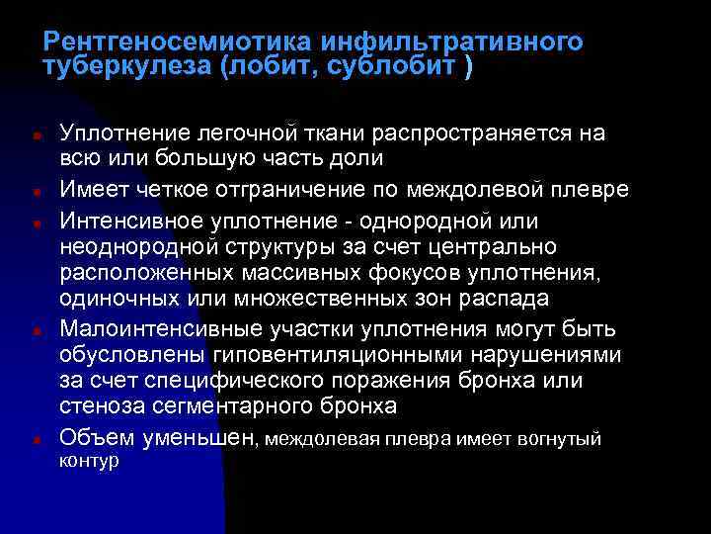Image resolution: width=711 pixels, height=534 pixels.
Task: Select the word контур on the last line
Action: pos(90,461)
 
